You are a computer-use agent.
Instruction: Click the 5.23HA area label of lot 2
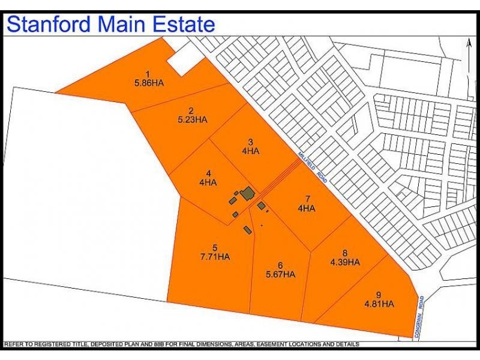pos(192,119)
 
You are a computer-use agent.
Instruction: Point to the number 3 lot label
pos(250,142)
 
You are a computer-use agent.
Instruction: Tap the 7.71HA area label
pos(215,257)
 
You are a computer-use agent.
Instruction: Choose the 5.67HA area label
pos(280,274)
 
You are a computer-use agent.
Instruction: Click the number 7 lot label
pos(307,199)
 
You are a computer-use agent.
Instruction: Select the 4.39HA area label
pos(344,262)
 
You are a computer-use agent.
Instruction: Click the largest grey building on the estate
pos(247,193)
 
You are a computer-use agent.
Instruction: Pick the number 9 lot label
pos(378,295)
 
